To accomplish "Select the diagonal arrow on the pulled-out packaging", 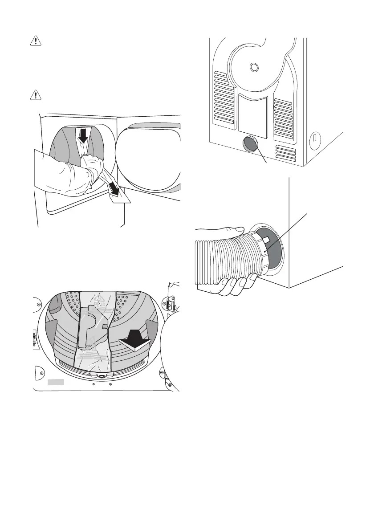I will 116,190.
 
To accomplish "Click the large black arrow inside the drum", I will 136,343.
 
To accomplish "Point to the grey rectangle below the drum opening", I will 56,382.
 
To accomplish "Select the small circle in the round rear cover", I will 254,67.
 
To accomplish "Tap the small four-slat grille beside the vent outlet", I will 285,153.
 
